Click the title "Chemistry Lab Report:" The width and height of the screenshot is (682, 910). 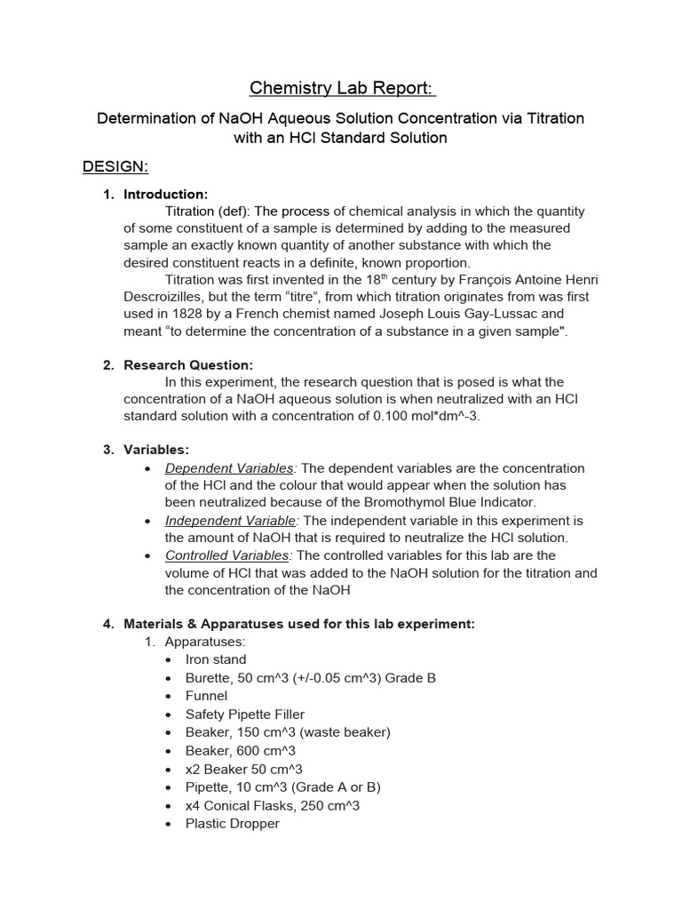pos(343,87)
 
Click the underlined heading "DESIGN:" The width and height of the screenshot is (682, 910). pos(115,167)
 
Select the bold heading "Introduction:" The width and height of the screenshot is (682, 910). pos(166,194)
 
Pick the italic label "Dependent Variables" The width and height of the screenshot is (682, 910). pos(229,468)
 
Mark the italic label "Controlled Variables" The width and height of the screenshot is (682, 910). pos(227,555)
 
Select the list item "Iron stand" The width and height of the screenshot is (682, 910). pos(216,659)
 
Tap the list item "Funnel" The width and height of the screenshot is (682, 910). pos(206,696)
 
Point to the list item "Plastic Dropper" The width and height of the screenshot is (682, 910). pos(233,823)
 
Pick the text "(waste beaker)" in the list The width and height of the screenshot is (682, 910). pos(346,732)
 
